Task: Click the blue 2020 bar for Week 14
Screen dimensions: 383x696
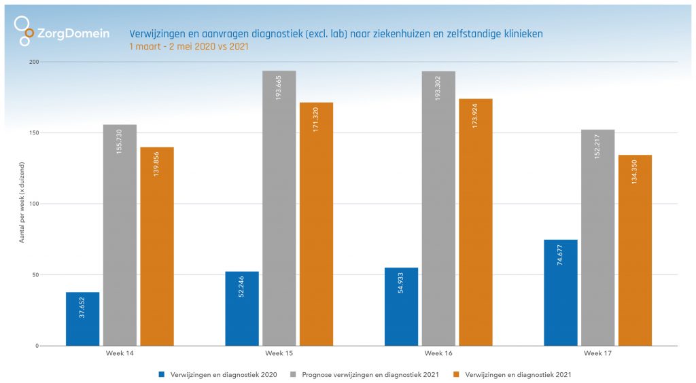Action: click(x=82, y=318)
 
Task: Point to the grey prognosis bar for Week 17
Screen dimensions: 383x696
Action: click(x=597, y=237)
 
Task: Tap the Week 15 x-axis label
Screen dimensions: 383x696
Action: click(x=279, y=354)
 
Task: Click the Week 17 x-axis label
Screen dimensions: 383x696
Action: click(x=597, y=354)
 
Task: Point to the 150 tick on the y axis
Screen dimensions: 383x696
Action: click(x=34, y=133)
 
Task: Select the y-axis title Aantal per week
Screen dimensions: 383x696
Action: click(x=22, y=203)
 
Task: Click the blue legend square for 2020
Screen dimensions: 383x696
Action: click(x=161, y=374)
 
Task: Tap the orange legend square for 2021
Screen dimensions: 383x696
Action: click(x=455, y=374)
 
